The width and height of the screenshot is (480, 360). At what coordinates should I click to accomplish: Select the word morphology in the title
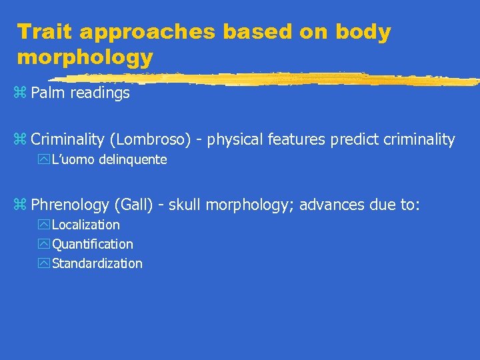(85, 57)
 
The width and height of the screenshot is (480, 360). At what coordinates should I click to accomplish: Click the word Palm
(49, 93)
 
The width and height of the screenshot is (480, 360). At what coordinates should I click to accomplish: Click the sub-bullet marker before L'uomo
(44, 160)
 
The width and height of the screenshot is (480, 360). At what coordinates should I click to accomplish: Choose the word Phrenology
(71, 205)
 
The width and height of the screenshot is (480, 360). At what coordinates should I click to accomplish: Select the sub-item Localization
(86, 225)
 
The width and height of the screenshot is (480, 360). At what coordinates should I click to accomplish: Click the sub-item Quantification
(93, 245)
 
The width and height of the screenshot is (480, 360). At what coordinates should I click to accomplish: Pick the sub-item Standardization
(97, 263)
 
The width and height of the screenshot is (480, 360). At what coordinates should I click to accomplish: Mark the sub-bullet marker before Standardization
(44, 263)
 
